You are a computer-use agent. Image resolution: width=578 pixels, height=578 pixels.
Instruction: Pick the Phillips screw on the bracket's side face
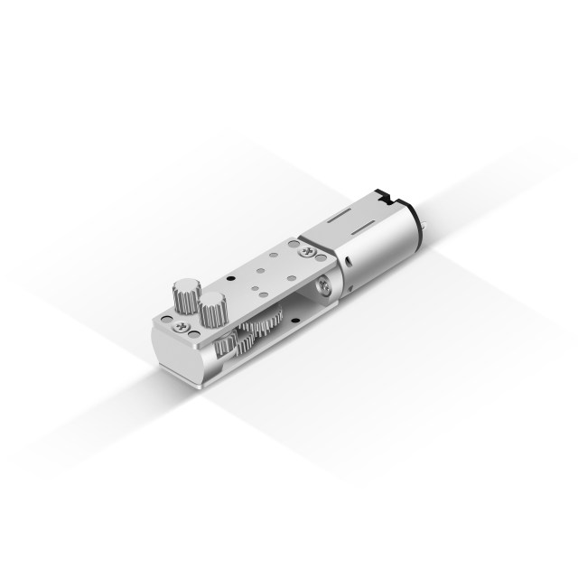point(323,286)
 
